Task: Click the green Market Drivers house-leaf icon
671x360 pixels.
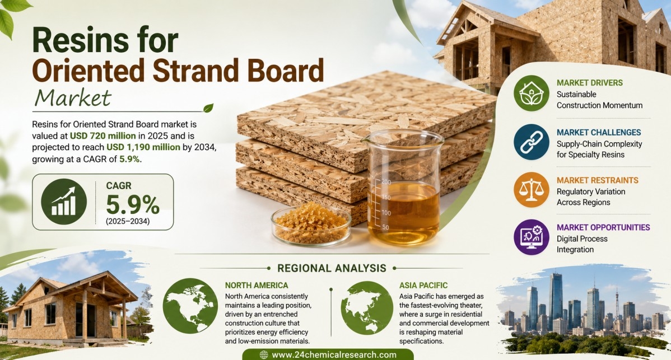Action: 531,93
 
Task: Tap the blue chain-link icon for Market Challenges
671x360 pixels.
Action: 531,142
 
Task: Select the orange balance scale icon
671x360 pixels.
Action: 531,190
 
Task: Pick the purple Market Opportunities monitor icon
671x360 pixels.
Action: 531,237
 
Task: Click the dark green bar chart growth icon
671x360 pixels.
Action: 64,202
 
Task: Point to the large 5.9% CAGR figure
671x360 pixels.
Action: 133,204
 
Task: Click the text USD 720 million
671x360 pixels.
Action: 102,136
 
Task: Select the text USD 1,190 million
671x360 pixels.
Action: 143,147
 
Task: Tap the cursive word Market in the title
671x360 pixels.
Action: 73,98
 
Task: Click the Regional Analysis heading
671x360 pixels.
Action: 332,269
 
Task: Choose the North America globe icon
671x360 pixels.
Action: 190,306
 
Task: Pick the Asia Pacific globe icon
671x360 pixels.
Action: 367,308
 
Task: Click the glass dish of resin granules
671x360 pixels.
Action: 311,223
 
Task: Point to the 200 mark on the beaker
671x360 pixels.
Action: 386,182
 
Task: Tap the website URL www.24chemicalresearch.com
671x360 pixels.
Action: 334,355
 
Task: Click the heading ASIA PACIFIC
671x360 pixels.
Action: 423,286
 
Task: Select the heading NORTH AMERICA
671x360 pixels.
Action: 257,286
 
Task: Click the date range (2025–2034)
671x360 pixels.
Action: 128,222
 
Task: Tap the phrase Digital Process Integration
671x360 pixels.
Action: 582,244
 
